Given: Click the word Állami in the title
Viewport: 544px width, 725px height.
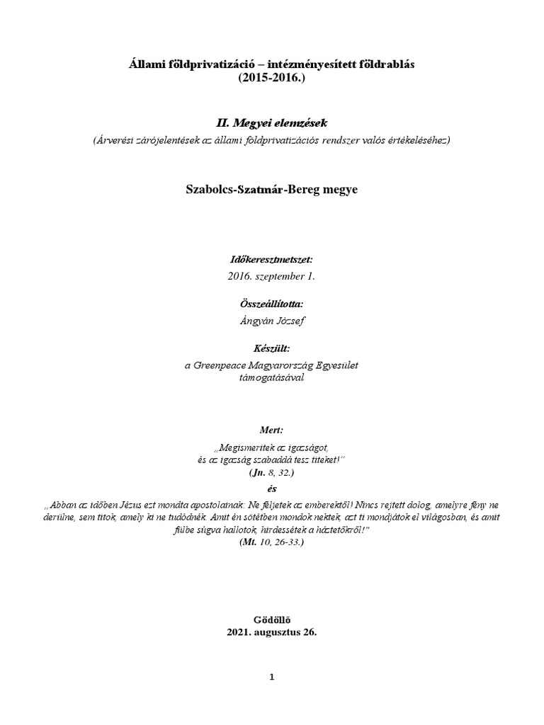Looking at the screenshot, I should (145, 64).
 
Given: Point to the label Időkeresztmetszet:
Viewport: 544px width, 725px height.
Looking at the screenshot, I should (272, 260).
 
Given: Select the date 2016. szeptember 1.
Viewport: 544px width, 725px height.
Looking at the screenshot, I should (272, 277).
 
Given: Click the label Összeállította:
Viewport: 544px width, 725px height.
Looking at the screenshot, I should (272, 304).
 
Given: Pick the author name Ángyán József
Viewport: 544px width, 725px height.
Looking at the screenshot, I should (272, 321).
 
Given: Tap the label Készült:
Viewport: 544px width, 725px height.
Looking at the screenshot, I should (272, 348).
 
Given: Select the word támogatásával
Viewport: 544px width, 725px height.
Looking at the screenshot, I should (272, 377).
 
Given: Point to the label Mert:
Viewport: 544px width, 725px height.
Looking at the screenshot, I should (272, 430).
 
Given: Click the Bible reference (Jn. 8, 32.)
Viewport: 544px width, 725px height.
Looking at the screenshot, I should (272, 471).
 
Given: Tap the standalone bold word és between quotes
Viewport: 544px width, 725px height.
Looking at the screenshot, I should (272, 489).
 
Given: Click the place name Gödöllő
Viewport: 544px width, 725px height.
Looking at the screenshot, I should (272, 620).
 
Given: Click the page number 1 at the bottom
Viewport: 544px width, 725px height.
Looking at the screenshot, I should (272, 677).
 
